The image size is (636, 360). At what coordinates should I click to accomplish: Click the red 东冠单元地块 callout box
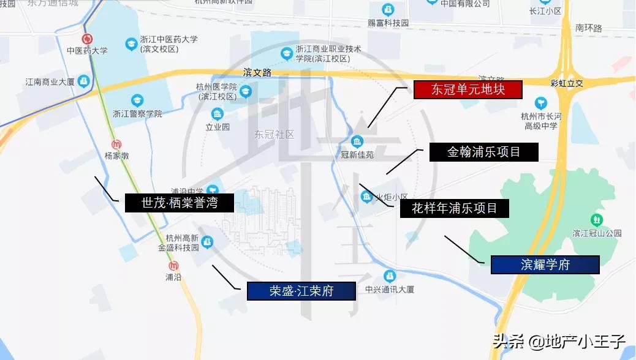pos(468,90)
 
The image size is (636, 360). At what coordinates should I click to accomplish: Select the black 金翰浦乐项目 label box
pos(483,152)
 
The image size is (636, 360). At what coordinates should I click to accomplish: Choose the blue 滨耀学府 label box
pos(545,264)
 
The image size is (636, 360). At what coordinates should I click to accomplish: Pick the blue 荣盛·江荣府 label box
pos(301,291)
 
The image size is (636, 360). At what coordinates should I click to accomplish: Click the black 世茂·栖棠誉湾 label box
pos(180,203)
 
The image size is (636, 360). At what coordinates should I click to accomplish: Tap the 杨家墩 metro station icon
pos(116,144)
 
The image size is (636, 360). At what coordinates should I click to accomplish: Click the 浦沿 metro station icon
pos(174,266)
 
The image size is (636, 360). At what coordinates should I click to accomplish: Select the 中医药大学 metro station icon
pos(87,39)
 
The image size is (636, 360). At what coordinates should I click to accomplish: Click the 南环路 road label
pos(588,28)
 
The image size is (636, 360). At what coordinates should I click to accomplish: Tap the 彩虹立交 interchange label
pos(566,82)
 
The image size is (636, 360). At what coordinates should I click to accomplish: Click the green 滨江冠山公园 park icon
pos(596,219)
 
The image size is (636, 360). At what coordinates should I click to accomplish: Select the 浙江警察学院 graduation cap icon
pos(137,100)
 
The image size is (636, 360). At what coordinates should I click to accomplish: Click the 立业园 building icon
pos(217,114)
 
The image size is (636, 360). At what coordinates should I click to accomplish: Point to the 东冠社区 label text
pos(274,134)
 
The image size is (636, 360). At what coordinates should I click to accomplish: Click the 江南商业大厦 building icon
pos(83,81)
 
